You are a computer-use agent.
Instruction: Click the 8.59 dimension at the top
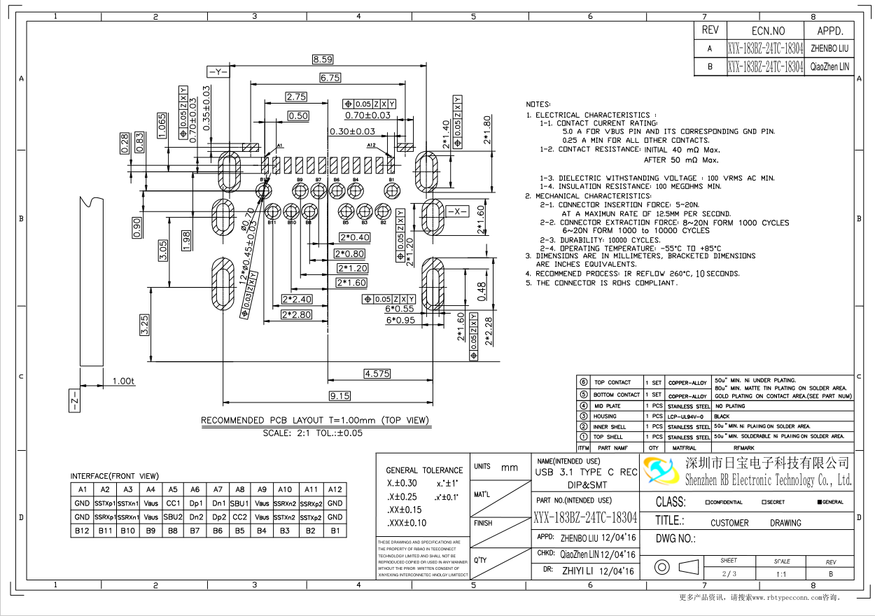pyautogui.click(x=323, y=59)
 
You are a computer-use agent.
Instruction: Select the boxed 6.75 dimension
pyautogui.click(x=330, y=78)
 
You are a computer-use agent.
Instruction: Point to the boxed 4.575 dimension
pyautogui.click(x=377, y=374)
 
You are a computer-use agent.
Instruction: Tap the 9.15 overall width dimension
pyautogui.click(x=339, y=396)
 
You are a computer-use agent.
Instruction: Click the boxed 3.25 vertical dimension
pyautogui.click(x=144, y=325)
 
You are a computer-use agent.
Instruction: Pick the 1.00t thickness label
pyautogui.click(x=123, y=381)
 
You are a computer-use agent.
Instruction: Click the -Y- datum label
pyautogui.click(x=218, y=72)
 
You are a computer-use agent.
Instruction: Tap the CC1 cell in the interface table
pyautogui.click(x=173, y=503)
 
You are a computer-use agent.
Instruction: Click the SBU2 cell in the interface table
pyautogui.click(x=173, y=517)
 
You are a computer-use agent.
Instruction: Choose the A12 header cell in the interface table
pyautogui.click(x=335, y=489)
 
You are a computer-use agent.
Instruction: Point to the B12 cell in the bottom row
pyautogui.click(x=82, y=531)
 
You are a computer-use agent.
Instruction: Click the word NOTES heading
pyautogui.click(x=538, y=104)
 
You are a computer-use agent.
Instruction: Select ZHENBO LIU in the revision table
pyautogui.click(x=829, y=49)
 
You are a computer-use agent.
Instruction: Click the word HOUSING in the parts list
pyautogui.click(x=605, y=416)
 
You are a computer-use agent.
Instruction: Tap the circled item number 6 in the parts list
pyautogui.click(x=583, y=382)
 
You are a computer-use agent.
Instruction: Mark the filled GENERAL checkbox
pyautogui.click(x=819, y=502)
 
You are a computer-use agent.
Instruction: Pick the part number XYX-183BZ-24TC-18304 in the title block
pyautogui.click(x=585, y=517)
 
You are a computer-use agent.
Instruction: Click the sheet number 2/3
pyautogui.click(x=729, y=574)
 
